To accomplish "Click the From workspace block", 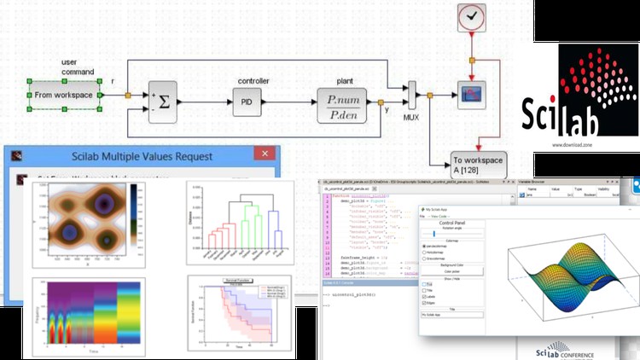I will point(65,95).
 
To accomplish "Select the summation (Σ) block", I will point(166,102).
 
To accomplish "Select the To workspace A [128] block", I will point(478,164).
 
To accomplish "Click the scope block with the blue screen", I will point(471,94).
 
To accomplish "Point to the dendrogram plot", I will point(240,224).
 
